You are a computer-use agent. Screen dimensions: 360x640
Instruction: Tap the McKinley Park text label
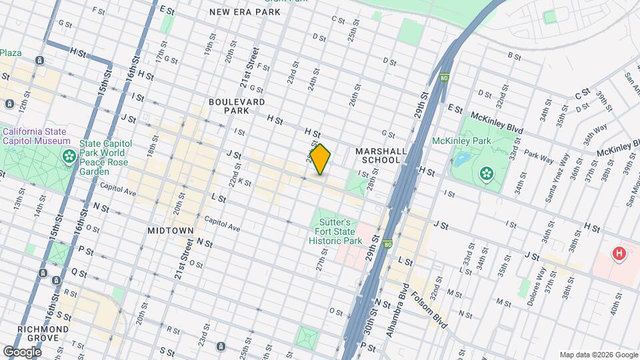(x=461, y=141)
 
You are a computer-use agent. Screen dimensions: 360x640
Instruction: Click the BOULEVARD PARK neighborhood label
(x=237, y=106)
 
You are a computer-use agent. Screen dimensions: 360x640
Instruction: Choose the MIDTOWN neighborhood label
(x=171, y=230)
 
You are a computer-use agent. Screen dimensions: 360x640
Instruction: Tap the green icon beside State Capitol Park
(x=69, y=157)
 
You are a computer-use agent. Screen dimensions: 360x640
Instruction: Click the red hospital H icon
(x=619, y=253)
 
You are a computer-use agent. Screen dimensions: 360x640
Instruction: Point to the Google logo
(x=22, y=351)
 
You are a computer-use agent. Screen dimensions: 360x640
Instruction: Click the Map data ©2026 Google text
(x=598, y=355)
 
